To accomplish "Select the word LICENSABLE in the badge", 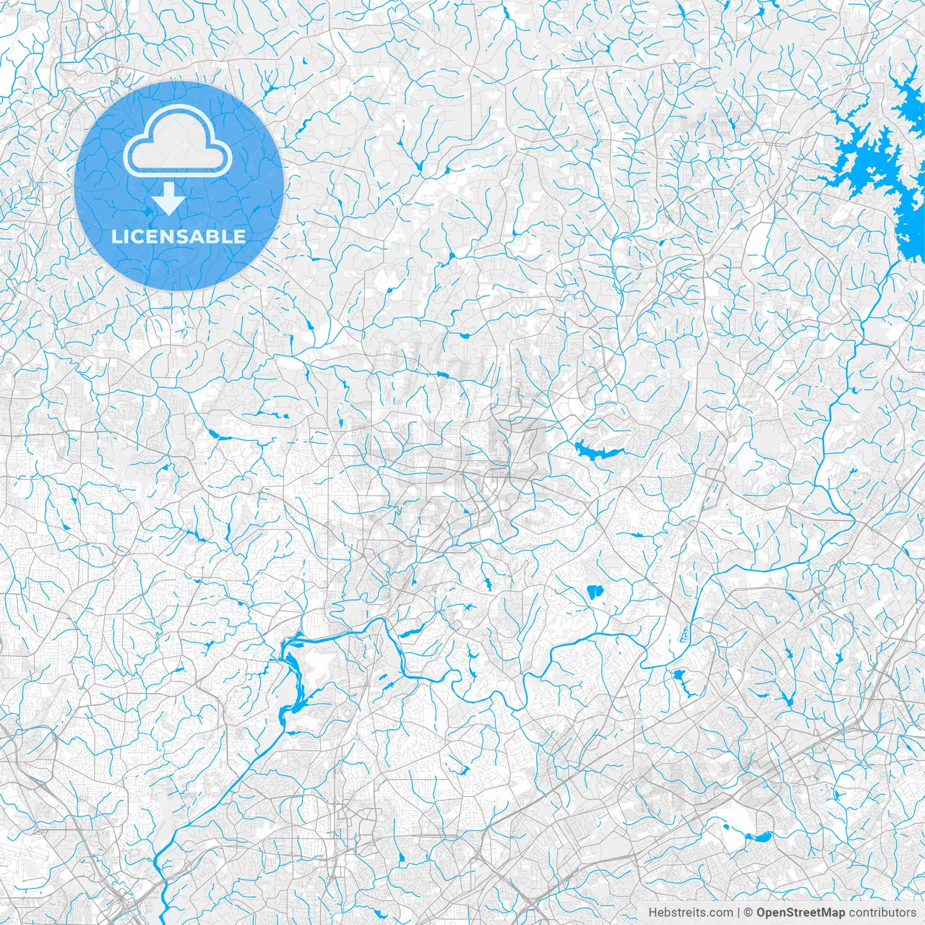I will (178, 236).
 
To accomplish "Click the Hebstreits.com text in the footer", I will (690, 913).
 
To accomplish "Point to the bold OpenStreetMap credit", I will (800, 913).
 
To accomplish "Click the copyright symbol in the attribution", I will (749, 913).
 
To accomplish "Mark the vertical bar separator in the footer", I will (739, 913).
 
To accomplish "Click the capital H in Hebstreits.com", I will (653, 913).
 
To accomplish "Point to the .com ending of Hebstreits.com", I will (720, 913).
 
